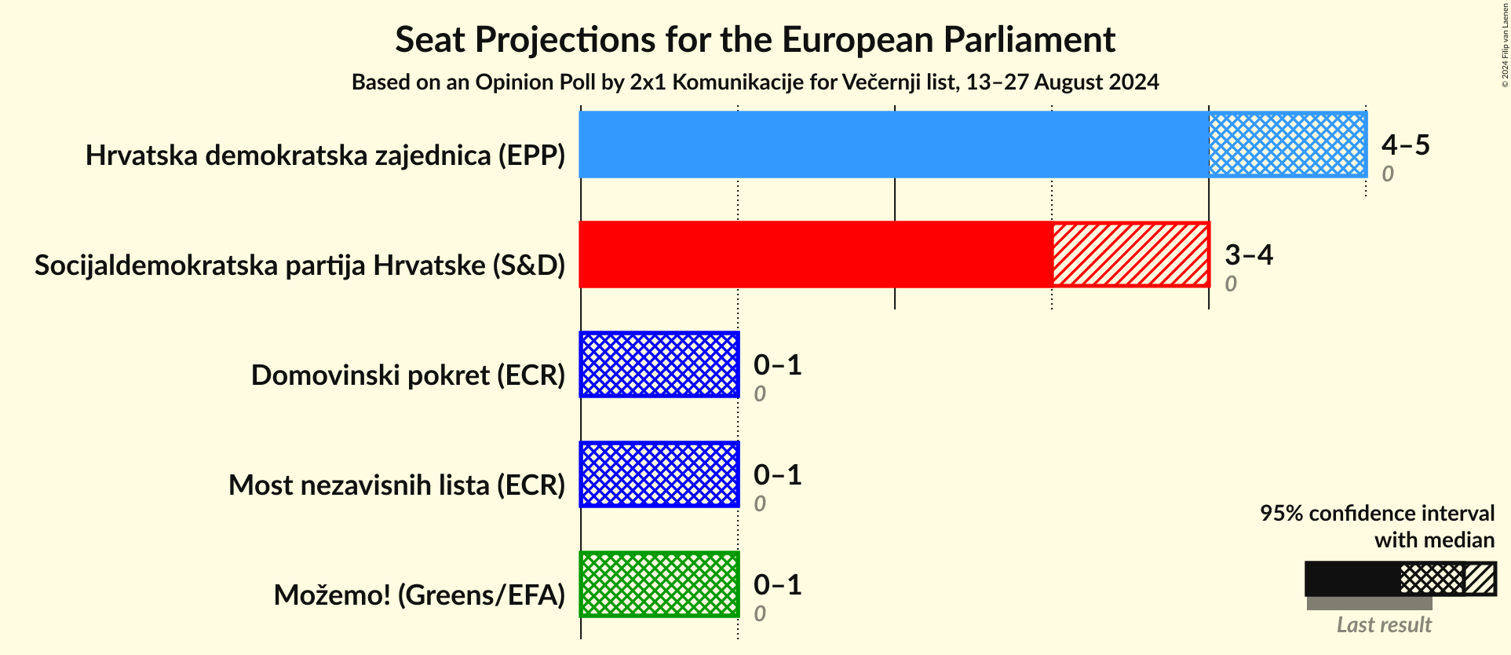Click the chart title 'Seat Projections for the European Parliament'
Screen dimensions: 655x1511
pos(755,39)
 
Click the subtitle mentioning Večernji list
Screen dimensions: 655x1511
pos(755,82)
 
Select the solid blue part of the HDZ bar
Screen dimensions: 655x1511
pos(893,145)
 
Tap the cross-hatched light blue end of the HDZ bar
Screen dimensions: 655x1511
pos(1287,145)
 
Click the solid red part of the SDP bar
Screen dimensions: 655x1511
pos(815,254)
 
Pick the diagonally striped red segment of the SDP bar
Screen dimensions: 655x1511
pos(1130,254)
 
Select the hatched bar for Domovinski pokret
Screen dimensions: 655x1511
pos(659,364)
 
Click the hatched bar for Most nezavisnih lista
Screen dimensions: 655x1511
pos(659,474)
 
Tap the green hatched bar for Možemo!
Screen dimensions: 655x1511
pos(659,584)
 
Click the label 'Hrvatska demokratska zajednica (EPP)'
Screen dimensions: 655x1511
pos(325,156)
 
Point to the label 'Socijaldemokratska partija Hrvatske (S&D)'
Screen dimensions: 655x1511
pos(300,265)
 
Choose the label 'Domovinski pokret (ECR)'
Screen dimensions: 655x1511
pos(408,375)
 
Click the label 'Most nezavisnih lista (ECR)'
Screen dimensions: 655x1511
pos(396,485)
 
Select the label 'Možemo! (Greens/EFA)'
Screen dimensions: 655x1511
pos(419,595)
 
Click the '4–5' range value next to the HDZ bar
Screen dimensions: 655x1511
pos(1405,145)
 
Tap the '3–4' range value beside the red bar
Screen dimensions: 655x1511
pos(1248,254)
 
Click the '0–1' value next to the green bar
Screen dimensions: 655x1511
pos(777,584)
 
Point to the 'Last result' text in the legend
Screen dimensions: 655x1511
pos(1384,624)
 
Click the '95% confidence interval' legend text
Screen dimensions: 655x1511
pos(1377,513)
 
